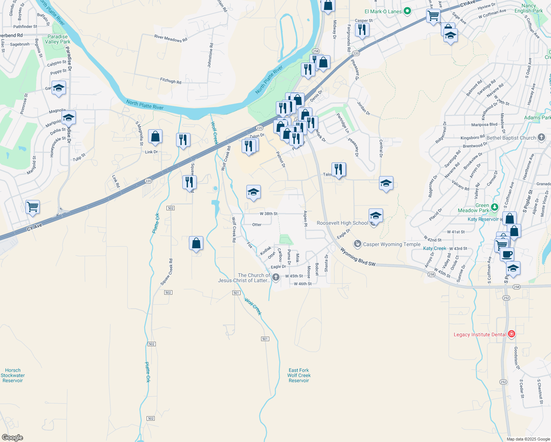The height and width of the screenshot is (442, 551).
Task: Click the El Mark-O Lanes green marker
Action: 407,11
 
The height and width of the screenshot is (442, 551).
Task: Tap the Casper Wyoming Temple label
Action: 392,244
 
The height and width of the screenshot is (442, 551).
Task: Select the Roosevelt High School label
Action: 342,223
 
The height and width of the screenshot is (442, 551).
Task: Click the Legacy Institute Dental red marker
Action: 511,334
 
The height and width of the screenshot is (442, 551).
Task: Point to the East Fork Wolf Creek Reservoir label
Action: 299,375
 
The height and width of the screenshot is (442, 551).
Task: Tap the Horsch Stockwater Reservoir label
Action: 13,375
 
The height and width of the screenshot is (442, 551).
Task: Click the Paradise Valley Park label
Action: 57,39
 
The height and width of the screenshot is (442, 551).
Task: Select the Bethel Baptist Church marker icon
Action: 541,137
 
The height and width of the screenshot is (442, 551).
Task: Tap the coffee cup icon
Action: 507,254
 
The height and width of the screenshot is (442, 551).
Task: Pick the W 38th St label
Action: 269,214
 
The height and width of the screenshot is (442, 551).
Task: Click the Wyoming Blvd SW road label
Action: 357,257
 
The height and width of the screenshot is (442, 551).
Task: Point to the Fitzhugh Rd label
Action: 171,80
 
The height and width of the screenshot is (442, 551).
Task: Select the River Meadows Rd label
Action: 171,38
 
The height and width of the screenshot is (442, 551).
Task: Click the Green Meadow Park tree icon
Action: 494,207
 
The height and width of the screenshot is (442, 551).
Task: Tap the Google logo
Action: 13,438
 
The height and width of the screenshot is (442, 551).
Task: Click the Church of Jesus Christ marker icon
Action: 275,277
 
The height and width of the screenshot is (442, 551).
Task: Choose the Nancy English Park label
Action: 529,8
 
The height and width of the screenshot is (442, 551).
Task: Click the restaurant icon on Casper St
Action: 362,29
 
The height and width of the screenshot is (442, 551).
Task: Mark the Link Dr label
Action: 151,152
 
